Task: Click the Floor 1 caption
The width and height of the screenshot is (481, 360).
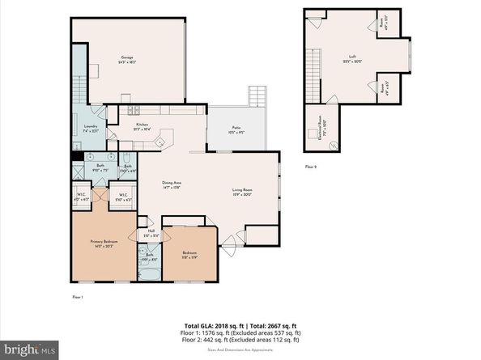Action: (79, 299)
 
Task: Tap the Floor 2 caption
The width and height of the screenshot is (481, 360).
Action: (312, 166)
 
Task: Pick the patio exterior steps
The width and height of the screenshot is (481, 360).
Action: (258, 92)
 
